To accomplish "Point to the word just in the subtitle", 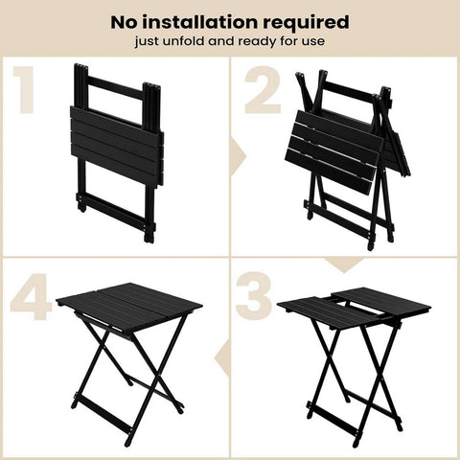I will click(x=156, y=41).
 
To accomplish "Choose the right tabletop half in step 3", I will click(x=383, y=304).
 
